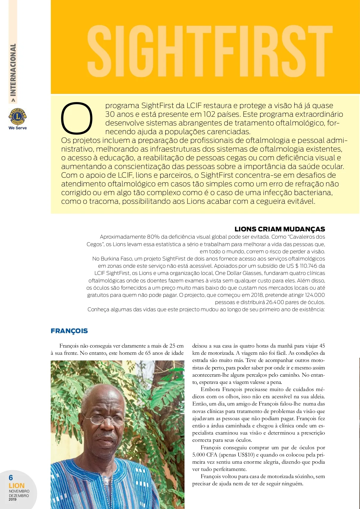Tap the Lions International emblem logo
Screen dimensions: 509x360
click(17, 116)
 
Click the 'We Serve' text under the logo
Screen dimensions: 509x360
click(17, 128)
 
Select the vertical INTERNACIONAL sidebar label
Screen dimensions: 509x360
click(13, 71)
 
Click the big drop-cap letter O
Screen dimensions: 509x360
click(77, 118)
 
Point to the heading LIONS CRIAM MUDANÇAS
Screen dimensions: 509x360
click(280, 229)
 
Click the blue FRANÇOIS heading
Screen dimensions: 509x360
click(69, 331)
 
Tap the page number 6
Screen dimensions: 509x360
click(11, 477)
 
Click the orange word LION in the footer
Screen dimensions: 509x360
click(16, 486)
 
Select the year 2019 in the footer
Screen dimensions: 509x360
click(13, 499)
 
